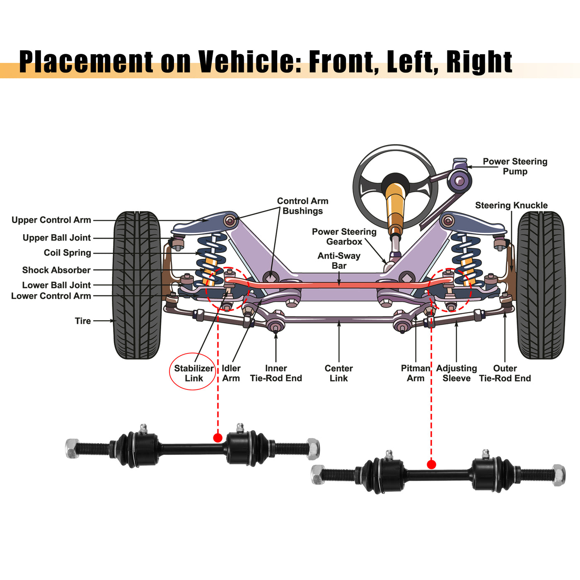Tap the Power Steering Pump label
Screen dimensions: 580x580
click(515, 167)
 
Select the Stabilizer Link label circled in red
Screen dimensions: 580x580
click(193, 373)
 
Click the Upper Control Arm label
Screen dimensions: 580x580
click(51, 220)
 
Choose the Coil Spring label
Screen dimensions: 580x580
click(67, 253)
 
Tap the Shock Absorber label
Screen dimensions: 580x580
click(56, 270)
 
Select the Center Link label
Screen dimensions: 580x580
click(338, 373)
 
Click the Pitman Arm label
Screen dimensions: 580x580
click(416, 373)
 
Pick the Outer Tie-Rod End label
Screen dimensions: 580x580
click(505, 373)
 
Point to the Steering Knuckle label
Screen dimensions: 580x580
click(511, 205)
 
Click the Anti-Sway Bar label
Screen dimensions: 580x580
click(339, 261)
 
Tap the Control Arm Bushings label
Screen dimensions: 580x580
click(302, 206)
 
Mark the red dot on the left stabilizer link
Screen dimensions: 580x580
click(218, 437)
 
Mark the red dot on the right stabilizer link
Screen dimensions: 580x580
click(431, 464)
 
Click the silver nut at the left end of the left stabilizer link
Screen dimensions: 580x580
click(72, 448)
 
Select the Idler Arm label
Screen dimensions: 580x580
click(231, 373)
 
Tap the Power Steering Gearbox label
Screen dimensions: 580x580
click(344, 237)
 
